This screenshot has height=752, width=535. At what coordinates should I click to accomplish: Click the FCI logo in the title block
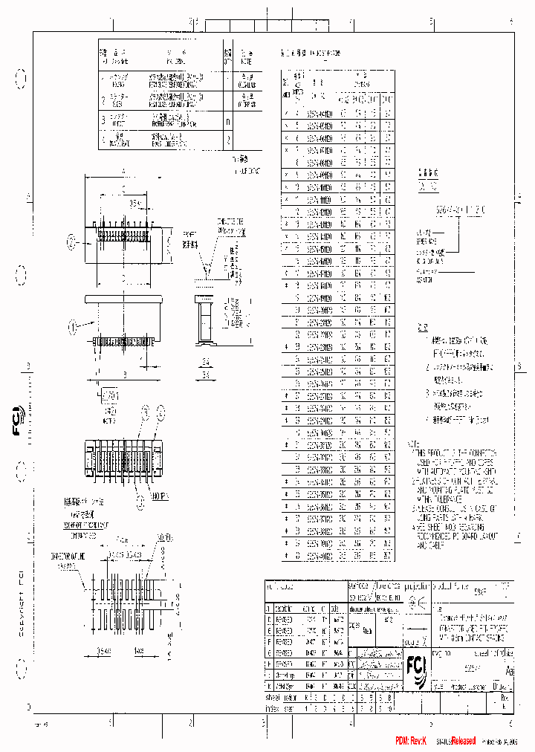(417, 664)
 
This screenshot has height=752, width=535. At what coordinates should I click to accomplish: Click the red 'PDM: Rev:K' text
(411, 741)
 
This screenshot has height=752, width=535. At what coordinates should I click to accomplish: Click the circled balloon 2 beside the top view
(72, 241)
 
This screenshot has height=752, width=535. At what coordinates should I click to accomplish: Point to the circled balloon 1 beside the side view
(72, 325)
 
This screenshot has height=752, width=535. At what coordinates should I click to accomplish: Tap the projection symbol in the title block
(417, 603)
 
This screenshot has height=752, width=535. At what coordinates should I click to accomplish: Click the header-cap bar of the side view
(123, 299)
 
